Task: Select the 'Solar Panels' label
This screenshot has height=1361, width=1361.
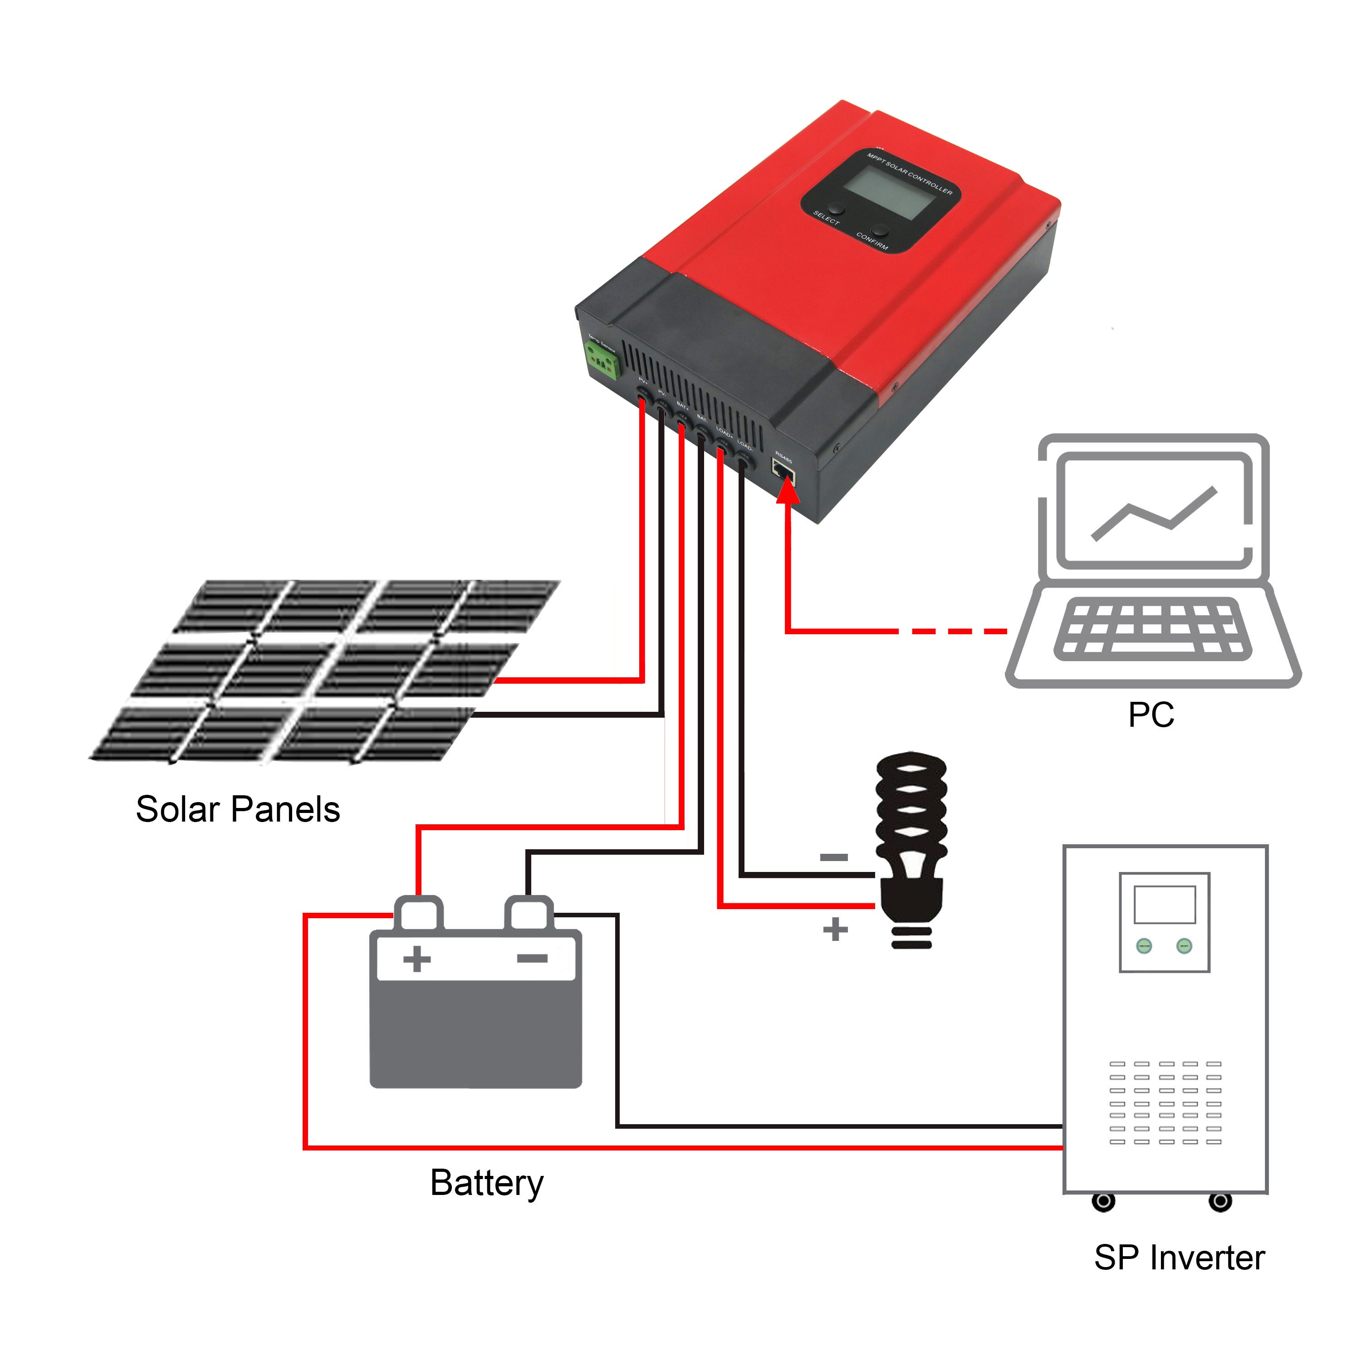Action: pos(238,809)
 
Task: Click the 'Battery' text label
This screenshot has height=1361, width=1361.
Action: pos(487,1183)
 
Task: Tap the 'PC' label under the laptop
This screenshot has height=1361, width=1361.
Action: pos(1150,715)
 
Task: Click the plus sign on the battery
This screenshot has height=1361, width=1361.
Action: pos(417,959)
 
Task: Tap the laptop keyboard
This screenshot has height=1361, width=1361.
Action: pos(1152,629)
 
